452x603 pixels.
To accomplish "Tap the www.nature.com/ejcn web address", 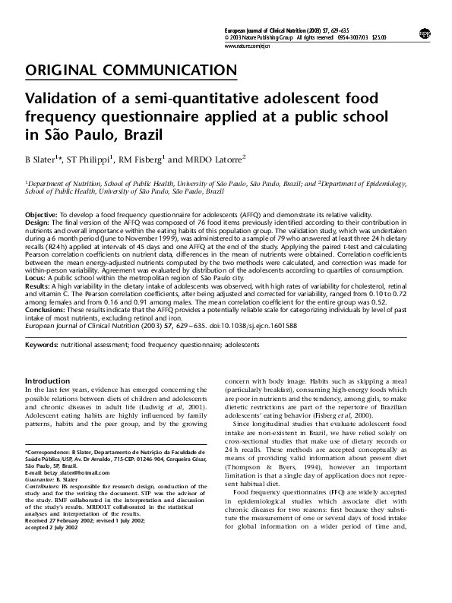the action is pyautogui.click(x=249, y=46).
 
